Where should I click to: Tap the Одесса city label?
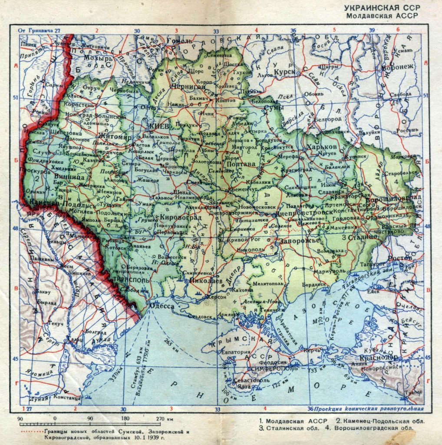click(162, 306)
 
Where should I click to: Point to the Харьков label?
click(322, 147)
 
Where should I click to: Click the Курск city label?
click(284, 71)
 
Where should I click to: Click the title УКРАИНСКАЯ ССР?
click(382, 8)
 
